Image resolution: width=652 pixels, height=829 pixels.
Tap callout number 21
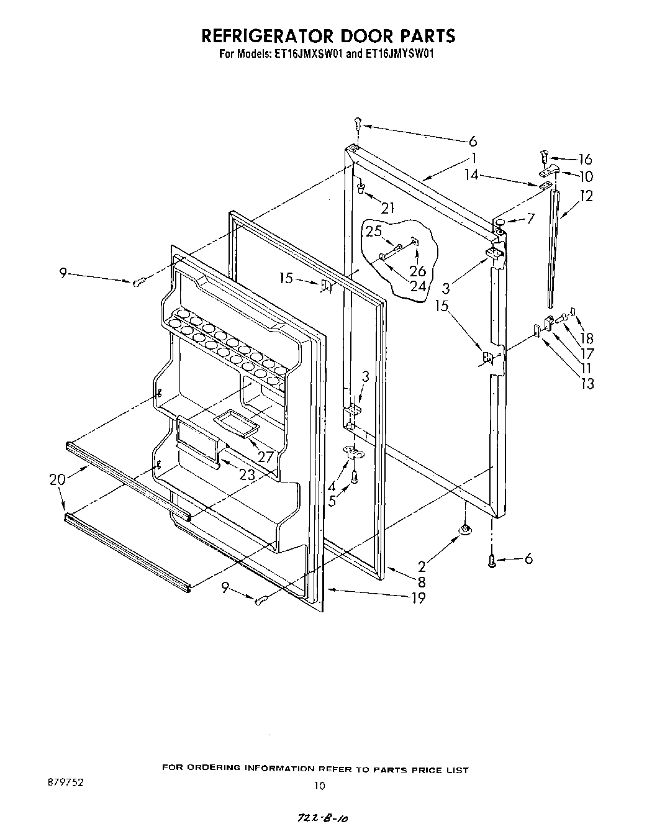(x=387, y=208)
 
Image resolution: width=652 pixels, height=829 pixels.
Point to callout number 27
(x=266, y=457)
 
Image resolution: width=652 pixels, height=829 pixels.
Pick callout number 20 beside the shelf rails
(x=57, y=479)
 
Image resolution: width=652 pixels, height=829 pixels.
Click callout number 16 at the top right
(x=585, y=160)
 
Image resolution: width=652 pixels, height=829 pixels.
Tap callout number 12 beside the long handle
(x=586, y=196)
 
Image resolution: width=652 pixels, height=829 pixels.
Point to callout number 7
(x=530, y=219)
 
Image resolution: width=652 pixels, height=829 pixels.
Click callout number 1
(x=474, y=158)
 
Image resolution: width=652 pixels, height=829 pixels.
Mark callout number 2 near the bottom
(x=422, y=566)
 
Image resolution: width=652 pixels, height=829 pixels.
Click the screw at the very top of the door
(x=358, y=124)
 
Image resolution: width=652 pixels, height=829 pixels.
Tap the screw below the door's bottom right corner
(x=492, y=561)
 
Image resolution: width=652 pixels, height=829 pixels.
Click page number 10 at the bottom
(x=319, y=786)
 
